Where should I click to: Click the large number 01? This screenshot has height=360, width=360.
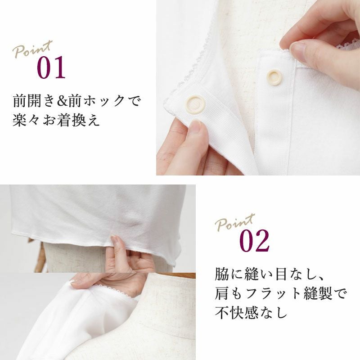(51, 67)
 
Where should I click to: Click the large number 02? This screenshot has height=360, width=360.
(254, 241)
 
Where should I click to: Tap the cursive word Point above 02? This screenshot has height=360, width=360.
(235, 222)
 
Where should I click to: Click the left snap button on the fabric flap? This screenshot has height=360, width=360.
(195, 103)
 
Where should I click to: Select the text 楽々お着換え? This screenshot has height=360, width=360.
(56, 120)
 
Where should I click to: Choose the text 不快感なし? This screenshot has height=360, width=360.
(251, 312)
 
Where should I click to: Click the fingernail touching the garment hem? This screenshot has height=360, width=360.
(114, 239)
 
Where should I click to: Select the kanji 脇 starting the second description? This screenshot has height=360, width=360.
(222, 274)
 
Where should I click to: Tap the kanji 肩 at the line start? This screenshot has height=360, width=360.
(222, 293)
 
